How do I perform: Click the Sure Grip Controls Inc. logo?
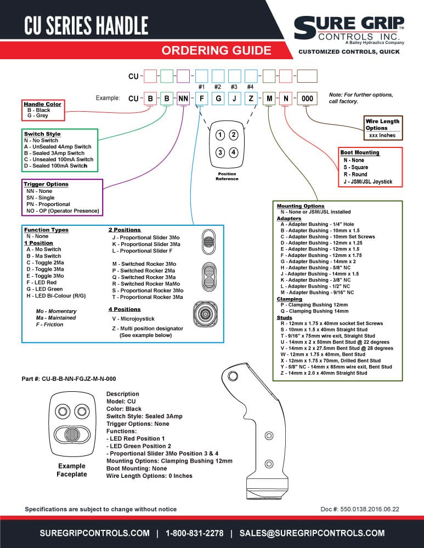click(x=349, y=30)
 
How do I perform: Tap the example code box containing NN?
click(x=183, y=99)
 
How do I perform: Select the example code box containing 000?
click(x=307, y=99)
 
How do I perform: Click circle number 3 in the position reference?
click(x=220, y=152)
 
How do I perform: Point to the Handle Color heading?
click(x=42, y=104)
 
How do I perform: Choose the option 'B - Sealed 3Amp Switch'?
click(x=54, y=153)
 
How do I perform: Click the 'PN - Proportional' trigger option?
click(x=48, y=204)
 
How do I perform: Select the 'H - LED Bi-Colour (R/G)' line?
click(x=56, y=296)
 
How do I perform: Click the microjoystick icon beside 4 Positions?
click(x=205, y=314)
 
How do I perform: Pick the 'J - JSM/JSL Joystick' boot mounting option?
click(x=368, y=182)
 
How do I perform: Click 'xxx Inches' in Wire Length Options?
click(x=382, y=135)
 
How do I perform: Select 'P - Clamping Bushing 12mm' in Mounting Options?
click(x=314, y=305)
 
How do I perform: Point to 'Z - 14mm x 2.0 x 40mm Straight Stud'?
click(x=324, y=373)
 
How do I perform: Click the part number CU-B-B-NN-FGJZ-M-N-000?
click(x=69, y=379)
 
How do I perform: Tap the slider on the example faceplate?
click(x=72, y=435)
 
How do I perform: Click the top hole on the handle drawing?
click(x=233, y=376)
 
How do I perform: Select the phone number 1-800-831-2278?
click(x=195, y=533)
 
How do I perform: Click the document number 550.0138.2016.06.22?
click(x=360, y=509)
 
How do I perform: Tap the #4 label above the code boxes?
click(x=251, y=87)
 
